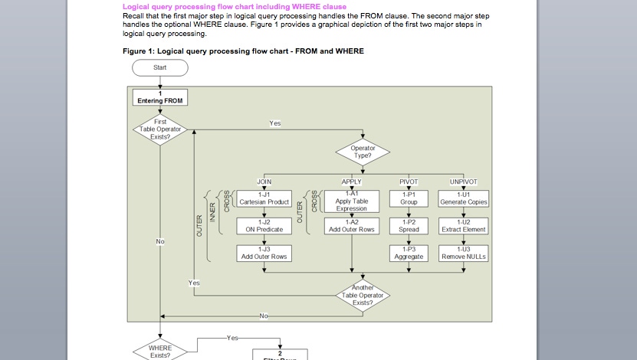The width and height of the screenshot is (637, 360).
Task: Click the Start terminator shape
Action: pos(160,67)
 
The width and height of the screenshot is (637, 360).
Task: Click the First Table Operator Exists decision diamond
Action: pos(160,129)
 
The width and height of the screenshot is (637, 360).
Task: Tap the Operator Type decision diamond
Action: pos(361,151)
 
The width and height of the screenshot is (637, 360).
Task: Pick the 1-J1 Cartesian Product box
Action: pos(264,198)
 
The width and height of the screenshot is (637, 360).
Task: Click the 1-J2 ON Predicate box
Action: pos(264,225)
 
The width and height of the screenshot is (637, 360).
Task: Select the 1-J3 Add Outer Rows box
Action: pos(264,253)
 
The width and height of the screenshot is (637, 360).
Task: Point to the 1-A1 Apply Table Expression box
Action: pos(351,201)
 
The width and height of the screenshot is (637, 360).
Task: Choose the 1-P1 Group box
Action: pos(409,198)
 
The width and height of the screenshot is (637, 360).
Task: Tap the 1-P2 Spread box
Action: pos(409,225)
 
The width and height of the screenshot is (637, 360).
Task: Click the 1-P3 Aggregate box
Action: pos(409,253)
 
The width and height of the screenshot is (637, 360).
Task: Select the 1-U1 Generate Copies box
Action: pos(463,198)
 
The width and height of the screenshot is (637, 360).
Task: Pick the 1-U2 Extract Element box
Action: pos(463,225)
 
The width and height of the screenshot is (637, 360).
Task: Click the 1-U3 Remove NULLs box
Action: pos(463,253)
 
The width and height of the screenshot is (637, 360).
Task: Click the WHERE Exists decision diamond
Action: pos(160,351)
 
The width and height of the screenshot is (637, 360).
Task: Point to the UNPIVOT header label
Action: pos(463,182)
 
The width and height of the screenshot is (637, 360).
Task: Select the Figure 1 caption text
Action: pos(243,51)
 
